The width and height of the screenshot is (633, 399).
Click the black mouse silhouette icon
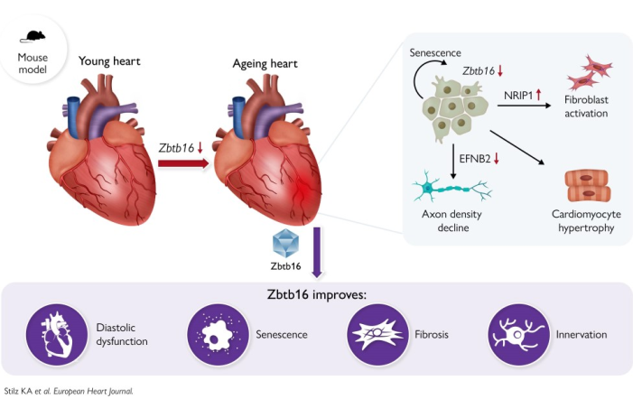33,36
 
